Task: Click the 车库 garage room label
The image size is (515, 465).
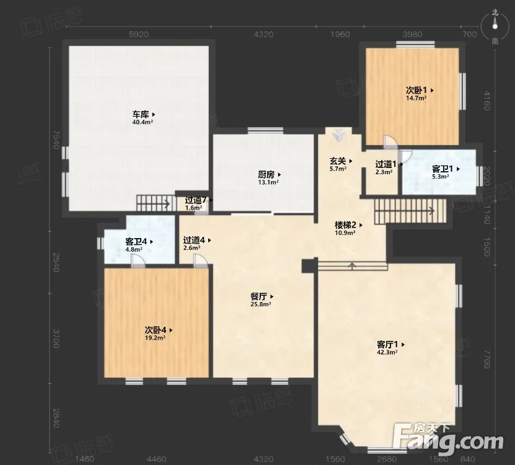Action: [x=140, y=115]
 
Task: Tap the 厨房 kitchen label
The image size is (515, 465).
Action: [x=266, y=175]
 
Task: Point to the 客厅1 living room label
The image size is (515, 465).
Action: [x=388, y=344]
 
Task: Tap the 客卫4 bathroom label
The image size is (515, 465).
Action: [x=136, y=242]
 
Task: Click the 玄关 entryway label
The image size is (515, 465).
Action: [x=338, y=161]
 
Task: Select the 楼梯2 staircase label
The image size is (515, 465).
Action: [x=345, y=225]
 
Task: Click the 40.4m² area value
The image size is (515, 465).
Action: [x=143, y=123]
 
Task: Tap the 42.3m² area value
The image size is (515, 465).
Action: [x=387, y=352]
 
